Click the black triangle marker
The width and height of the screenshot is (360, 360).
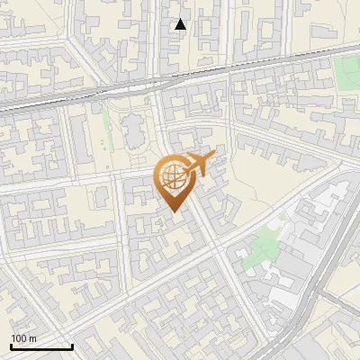click(181, 24)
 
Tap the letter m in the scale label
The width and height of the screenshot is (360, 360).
click(33, 338)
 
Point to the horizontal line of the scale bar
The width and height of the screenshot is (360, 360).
click(41, 346)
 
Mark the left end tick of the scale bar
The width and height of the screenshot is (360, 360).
click(11, 345)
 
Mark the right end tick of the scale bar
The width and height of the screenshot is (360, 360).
click(72, 345)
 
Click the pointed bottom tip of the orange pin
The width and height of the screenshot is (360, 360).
click(171, 212)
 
